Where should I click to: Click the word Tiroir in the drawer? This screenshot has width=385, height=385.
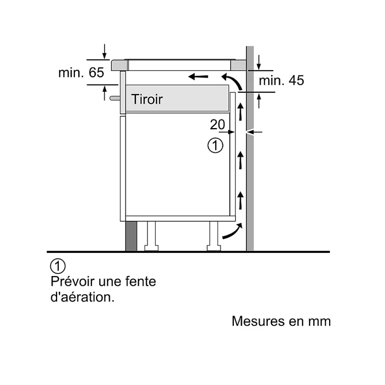pyautogui.click(x=147, y=99)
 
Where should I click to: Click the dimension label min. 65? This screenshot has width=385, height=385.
pyautogui.click(x=81, y=73)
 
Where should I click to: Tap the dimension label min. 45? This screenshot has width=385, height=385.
pyautogui.click(x=281, y=80)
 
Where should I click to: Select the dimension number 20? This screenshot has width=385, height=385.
pyautogui.click(x=217, y=125)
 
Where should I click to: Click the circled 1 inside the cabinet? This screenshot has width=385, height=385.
pyautogui.click(x=215, y=146)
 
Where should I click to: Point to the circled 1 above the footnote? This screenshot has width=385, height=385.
pyautogui.click(x=58, y=266)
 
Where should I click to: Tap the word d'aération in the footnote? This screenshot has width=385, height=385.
pyautogui.click(x=83, y=297)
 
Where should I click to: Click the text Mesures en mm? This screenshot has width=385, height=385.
pyautogui.click(x=281, y=321)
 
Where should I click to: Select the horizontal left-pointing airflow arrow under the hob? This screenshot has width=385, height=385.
pyautogui.click(x=198, y=76)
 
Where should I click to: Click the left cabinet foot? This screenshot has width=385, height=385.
pyautogui.click(x=151, y=236)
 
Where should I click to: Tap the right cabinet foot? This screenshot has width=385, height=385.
pyautogui.click(x=213, y=236)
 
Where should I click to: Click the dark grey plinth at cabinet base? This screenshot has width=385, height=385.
pyautogui.click(x=131, y=236)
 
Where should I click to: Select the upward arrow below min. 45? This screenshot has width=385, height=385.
pyautogui.click(x=259, y=100)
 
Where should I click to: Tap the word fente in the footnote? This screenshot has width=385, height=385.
pyautogui.click(x=141, y=282)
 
